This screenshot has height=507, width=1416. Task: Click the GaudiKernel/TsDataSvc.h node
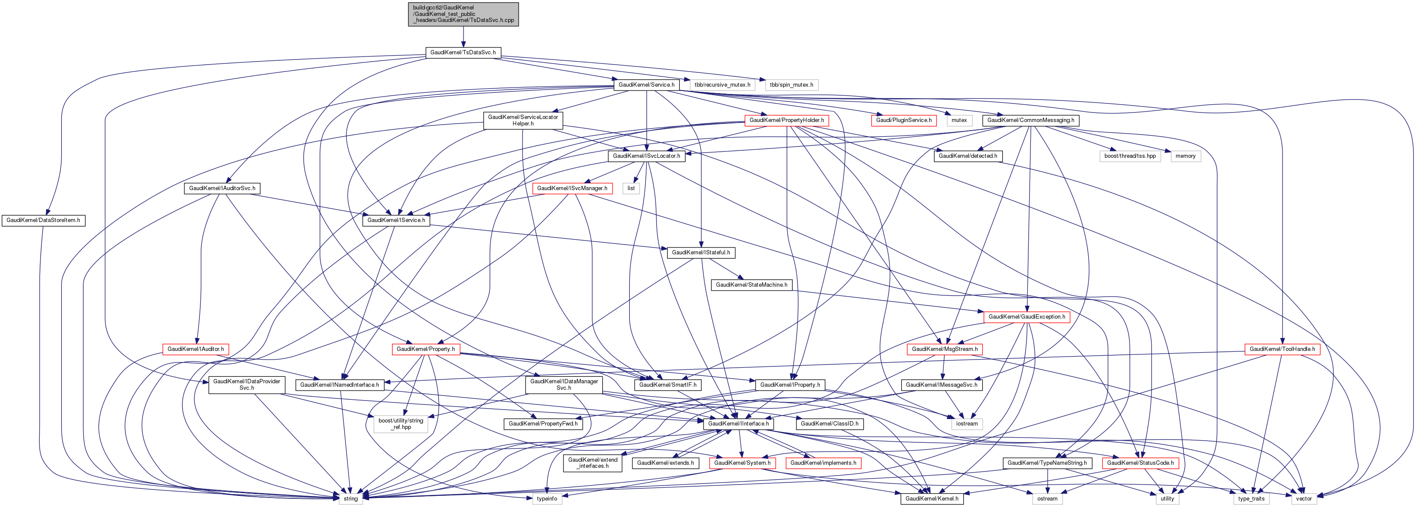pos(463,53)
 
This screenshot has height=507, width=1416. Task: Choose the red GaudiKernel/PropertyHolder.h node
pos(786,120)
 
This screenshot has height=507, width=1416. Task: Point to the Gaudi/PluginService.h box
pos(904,120)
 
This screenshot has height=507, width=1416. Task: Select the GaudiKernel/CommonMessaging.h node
pos(1030,120)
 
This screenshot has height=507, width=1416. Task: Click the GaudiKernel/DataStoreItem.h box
pos(44,220)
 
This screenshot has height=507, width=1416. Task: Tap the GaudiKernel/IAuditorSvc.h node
pos(222,188)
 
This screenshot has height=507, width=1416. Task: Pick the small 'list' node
pos(631,188)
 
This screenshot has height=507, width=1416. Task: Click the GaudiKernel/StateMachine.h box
pos(751,285)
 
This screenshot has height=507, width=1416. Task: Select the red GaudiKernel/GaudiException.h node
pos(1026,317)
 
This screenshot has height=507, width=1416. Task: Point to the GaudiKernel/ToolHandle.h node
pos(1282,349)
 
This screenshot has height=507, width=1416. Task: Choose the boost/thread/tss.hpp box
pos(1130,156)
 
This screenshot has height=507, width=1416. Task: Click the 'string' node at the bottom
pos(351,499)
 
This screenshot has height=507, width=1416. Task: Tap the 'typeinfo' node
pos(547,499)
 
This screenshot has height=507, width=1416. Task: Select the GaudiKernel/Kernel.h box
pos(931,499)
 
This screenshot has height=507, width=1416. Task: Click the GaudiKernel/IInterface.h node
pos(738,424)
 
